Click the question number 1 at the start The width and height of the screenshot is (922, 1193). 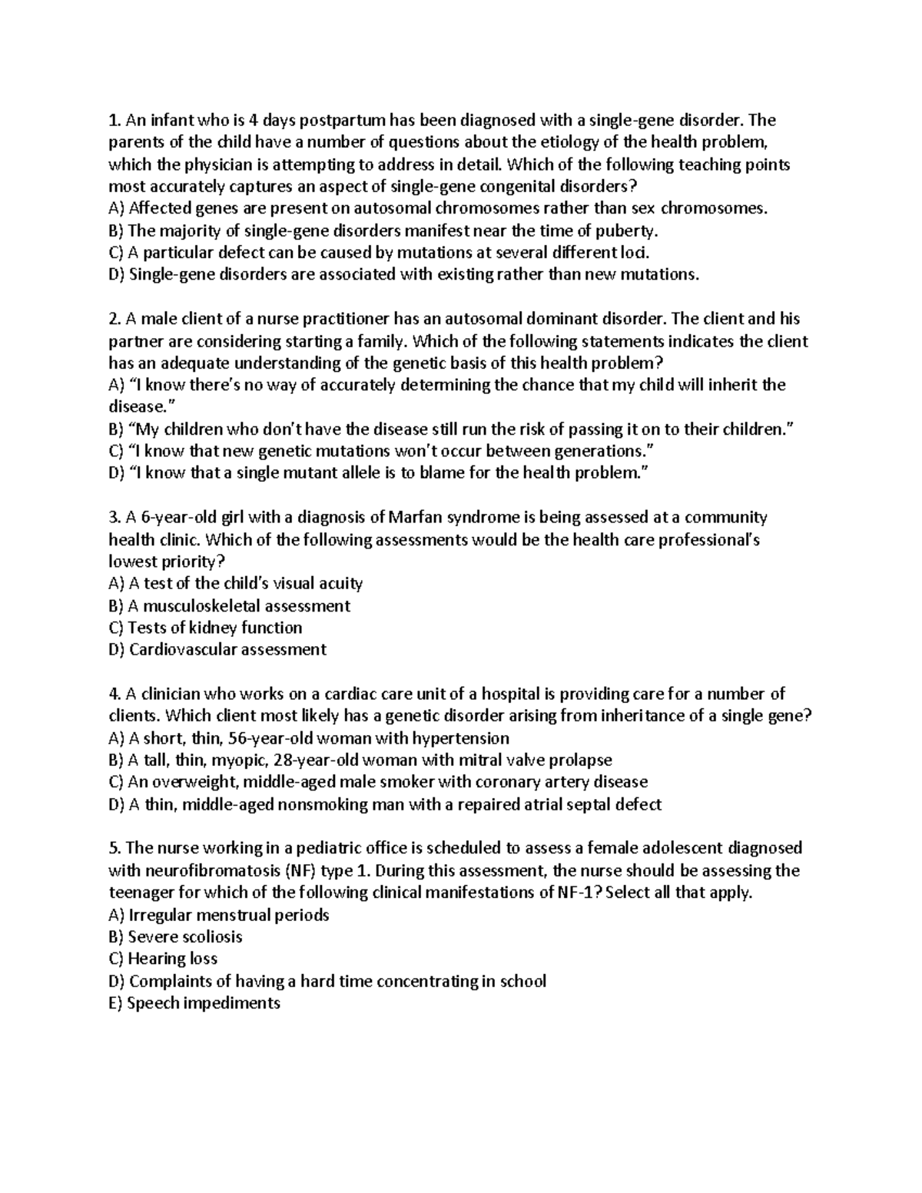114,120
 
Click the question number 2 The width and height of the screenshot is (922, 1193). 114,319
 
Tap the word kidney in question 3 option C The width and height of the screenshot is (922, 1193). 213,628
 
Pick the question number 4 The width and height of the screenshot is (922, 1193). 114,694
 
